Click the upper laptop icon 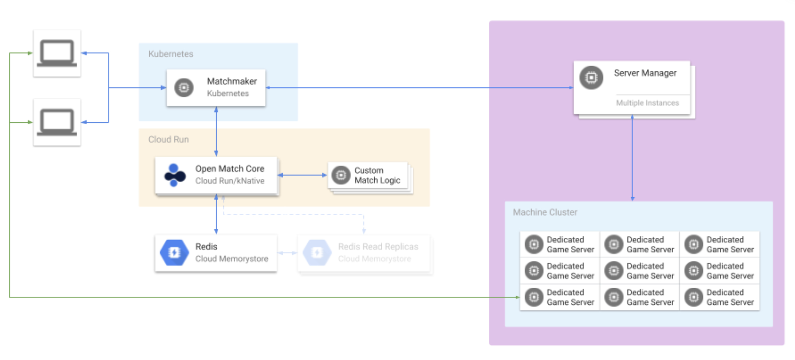pyautogui.click(x=57, y=53)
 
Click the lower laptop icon pyautogui.click(x=57, y=122)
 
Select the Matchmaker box pyautogui.click(x=216, y=88)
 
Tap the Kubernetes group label pyautogui.click(x=171, y=54)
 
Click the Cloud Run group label pyautogui.click(x=168, y=140)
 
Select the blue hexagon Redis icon pyautogui.click(x=174, y=253)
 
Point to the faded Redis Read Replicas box pyautogui.click(x=365, y=253)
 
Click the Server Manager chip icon pyautogui.click(x=591, y=77)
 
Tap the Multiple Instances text pyautogui.click(x=647, y=103)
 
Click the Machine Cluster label pyautogui.click(x=545, y=212)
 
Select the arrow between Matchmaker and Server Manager pyautogui.click(x=419, y=88)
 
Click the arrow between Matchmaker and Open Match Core pyautogui.click(x=216, y=131)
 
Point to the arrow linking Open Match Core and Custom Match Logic pyautogui.click(x=302, y=175)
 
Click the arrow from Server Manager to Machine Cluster pyautogui.click(x=632, y=158)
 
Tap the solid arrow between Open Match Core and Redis pyautogui.click(x=216, y=214)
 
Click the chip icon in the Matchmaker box pyautogui.click(x=184, y=88)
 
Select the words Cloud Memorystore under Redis pyautogui.click(x=232, y=259)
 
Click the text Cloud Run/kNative pyautogui.click(x=230, y=181)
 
